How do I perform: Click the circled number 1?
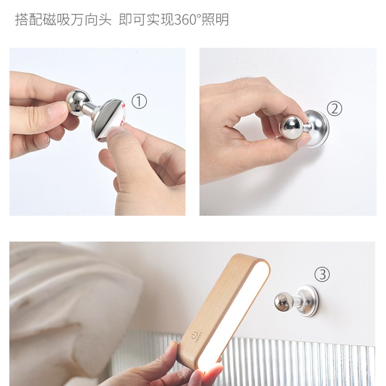pyautogui.click(x=139, y=101)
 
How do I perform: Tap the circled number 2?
pyautogui.click(x=334, y=109)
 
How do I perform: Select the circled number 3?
pyautogui.click(x=322, y=274)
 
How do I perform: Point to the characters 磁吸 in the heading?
pyautogui.click(x=57, y=20)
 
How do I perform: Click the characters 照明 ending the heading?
pyautogui.click(x=215, y=20)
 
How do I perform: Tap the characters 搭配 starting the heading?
pyautogui.click(x=29, y=20)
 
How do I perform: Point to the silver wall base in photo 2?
pyautogui.click(x=316, y=129)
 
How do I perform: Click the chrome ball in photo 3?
pyautogui.click(x=284, y=302)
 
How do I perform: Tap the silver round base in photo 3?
pyautogui.click(x=308, y=301)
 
